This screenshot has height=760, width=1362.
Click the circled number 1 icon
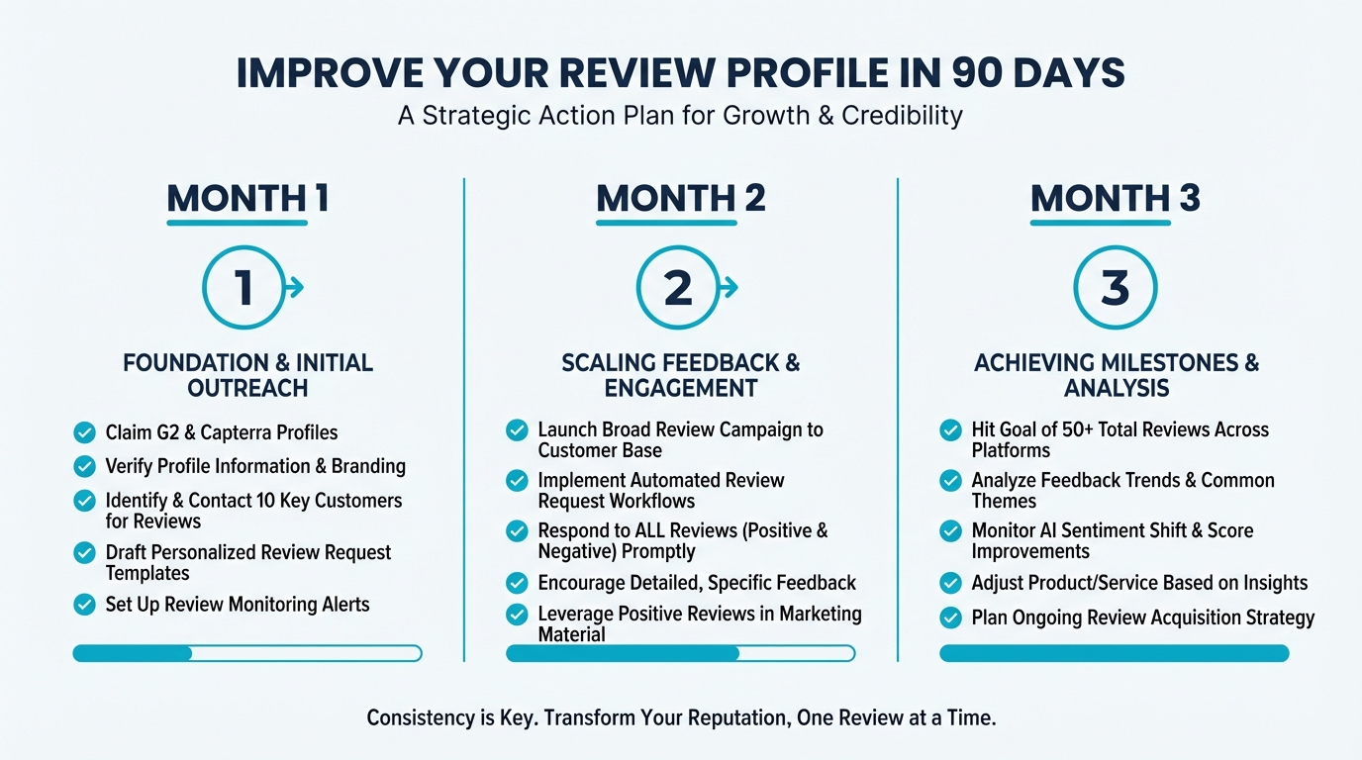[x=243, y=288]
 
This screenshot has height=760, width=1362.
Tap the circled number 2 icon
[x=678, y=288]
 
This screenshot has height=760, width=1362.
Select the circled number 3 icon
[x=1115, y=288]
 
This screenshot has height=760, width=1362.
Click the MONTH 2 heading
[x=680, y=199]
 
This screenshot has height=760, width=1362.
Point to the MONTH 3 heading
[x=1115, y=199]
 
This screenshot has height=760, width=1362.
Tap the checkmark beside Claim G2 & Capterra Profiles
[x=85, y=432]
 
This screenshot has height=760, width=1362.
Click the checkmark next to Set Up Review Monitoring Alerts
[x=85, y=604]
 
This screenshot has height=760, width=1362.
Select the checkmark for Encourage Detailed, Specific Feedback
[x=517, y=583]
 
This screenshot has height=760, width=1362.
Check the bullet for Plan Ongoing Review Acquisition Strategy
[x=950, y=617]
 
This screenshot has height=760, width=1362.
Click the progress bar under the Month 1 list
[x=247, y=653]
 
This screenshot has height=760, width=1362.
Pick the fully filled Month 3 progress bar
[x=1114, y=653]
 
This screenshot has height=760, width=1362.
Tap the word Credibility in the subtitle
[x=902, y=115]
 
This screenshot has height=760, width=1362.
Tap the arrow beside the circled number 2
[x=730, y=288]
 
